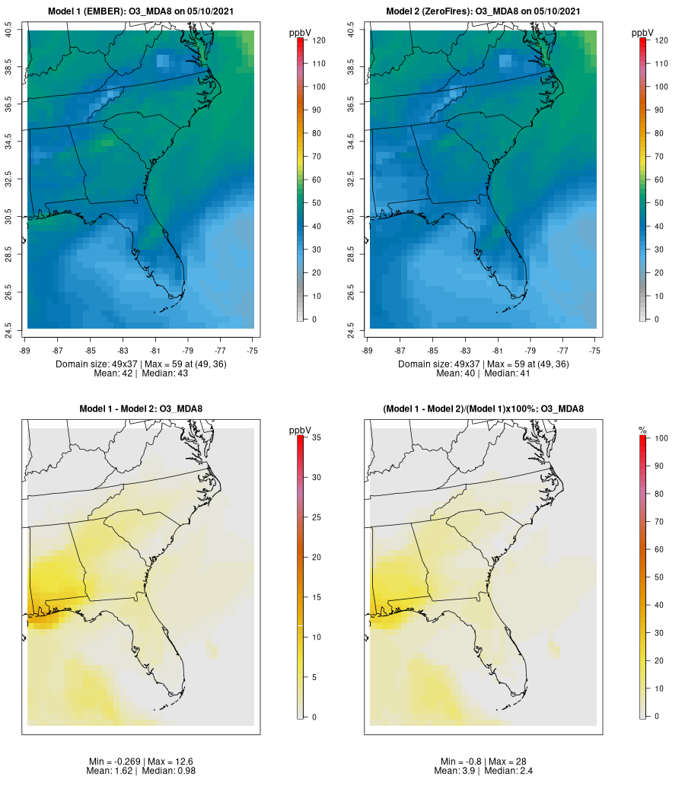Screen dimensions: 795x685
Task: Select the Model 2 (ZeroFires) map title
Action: point(483,11)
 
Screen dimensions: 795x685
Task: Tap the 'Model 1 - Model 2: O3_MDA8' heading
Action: point(141,409)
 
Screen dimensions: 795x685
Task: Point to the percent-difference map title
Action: point(483,409)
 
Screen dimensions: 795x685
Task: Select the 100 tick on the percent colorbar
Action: point(661,438)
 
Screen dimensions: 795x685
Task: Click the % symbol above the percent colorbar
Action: point(642,431)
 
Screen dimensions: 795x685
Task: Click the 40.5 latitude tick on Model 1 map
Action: point(8,30)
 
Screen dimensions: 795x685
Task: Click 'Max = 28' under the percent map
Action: point(505,762)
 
